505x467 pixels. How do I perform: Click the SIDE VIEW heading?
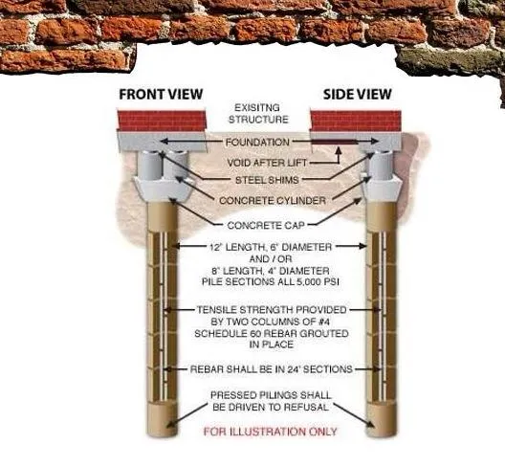point(356,95)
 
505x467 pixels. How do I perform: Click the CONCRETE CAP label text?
point(253,225)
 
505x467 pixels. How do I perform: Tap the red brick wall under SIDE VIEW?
point(356,122)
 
